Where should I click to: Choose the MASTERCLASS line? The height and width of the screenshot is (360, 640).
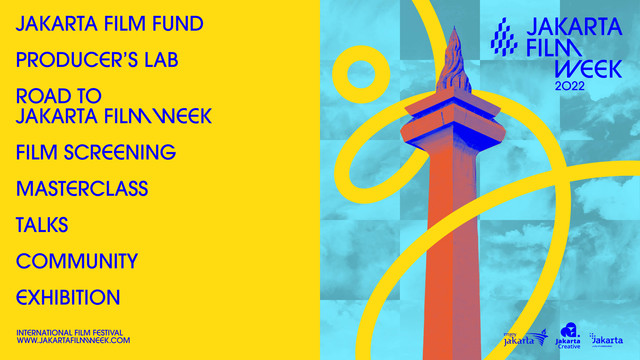82,189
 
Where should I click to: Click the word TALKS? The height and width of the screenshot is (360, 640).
42,226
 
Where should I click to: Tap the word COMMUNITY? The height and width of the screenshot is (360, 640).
77,262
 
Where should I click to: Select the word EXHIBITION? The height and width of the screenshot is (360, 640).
68,298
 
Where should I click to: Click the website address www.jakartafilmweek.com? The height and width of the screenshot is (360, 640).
74,341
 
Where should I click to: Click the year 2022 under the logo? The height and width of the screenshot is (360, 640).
571,86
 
